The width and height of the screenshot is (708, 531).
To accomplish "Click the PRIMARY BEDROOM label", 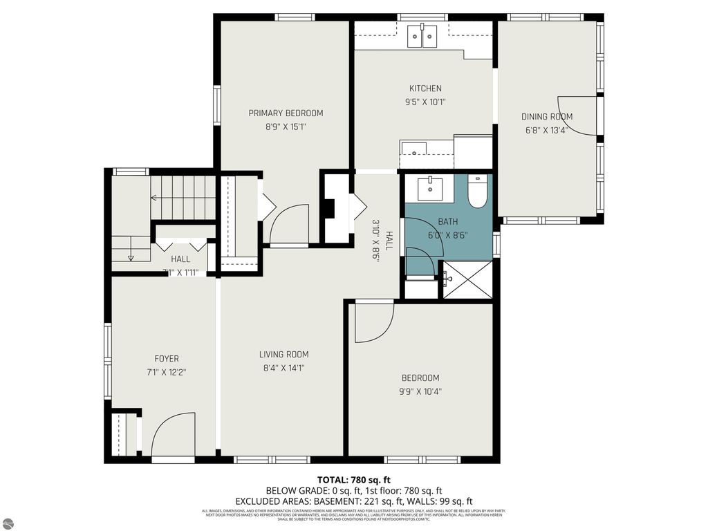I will pos(286,113).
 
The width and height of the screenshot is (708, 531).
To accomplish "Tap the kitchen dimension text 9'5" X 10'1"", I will pos(425,102).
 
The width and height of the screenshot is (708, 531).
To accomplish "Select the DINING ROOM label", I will pos(546,117).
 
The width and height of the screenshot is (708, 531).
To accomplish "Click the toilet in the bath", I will pos(478,192).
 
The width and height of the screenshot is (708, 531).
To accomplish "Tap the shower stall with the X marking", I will pos(467,279).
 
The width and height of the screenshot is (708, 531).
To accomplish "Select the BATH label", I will pos(448,222).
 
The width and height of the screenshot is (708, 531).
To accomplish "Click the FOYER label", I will pos(167,359).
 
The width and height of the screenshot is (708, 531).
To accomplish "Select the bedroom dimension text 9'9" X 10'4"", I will pos(421,391).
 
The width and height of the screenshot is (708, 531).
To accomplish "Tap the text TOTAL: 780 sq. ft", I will pos(354,480).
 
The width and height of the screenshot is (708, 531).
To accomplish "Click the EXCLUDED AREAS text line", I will pos(354,501).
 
